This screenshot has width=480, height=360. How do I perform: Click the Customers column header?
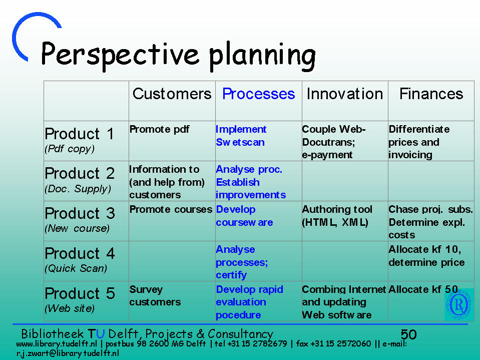tap(172, 94)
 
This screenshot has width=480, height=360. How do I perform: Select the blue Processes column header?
tap(258, 94)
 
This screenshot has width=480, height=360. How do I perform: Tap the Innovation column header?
tap(345, 94)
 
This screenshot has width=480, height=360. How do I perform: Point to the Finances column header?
tap(431, 94)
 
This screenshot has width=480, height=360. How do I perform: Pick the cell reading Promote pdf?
tap(159, 129)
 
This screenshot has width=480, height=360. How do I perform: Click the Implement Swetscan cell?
tap(241, 136)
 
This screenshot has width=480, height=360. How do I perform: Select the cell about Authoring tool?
tap(337, 216)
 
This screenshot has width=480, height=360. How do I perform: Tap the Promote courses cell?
tap(171, 209)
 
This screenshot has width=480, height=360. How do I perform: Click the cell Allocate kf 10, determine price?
tap(426, 256)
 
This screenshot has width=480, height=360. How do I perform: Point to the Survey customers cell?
tap(155, 296)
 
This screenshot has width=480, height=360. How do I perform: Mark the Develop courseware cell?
tap(244, 216)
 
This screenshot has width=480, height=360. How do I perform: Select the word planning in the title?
tap(262, 56)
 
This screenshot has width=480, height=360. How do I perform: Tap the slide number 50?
tap(408, 334)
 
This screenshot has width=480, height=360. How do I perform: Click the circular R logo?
tap(458, 304)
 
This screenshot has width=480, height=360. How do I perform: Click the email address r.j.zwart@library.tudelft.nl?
tap(68, 353)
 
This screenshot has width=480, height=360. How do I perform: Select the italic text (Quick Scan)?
tap(76, 268)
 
